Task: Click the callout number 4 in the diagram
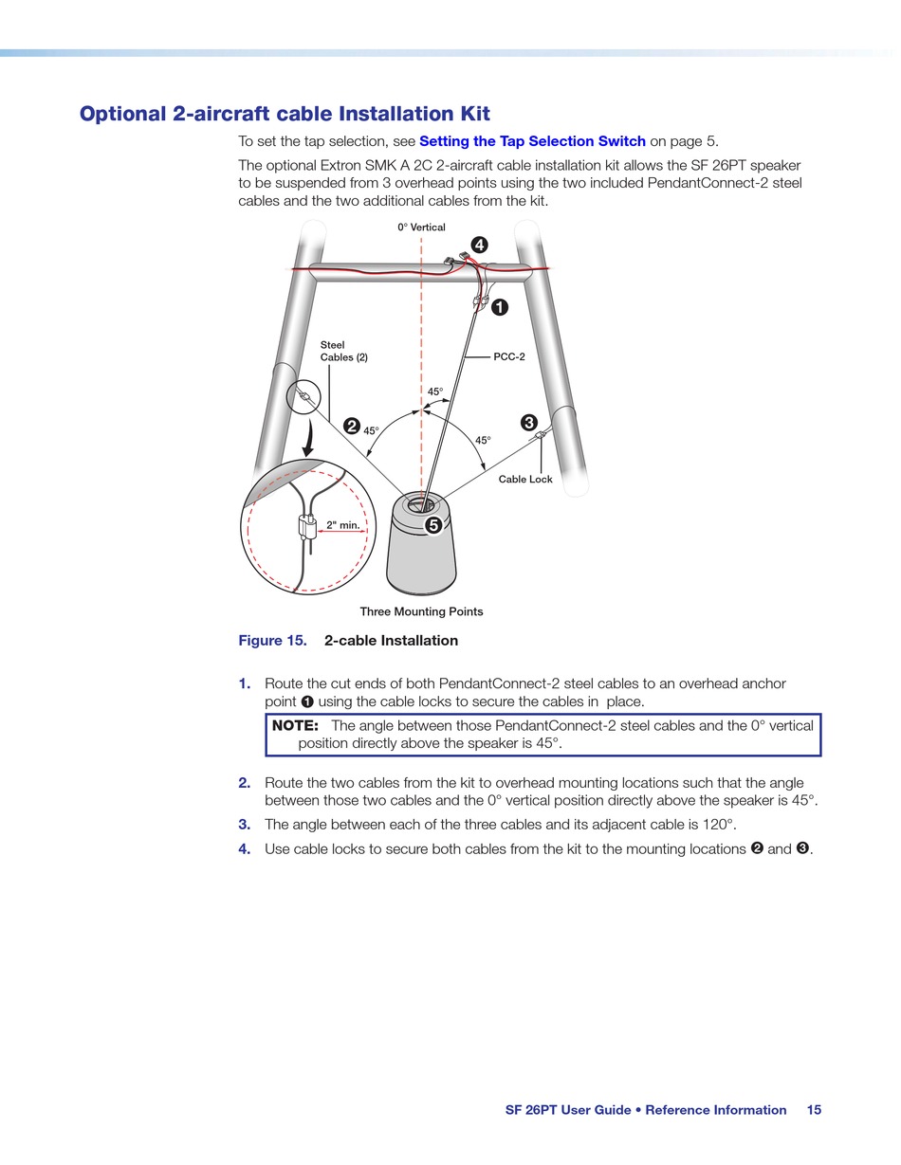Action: click(x=480, y=246)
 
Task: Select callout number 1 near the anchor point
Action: click(x=499, y=307)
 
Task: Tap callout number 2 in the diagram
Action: click(x=352, y=427)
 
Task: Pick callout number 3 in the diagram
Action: click(x=529, y=423)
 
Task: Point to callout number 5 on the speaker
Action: click(x=432, y=524)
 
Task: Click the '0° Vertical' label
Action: click(x=421, y=228)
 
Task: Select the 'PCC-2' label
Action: click(x=509, y=357)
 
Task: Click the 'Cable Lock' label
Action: click(x=525, y=480)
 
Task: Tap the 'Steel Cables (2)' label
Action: click(x=343, y=352)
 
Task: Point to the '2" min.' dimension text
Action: click(x=342, y=525)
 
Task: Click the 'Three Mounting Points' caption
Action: click(x=421, y=612)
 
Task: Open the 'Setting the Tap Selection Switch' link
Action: click(x=532, y=142)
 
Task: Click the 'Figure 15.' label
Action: click(x=272, y=641)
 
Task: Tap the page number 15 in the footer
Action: click(x=814, y=1110)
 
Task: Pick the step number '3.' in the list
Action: click(x=245, y=825)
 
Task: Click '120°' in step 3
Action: click(x=719, y=825)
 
